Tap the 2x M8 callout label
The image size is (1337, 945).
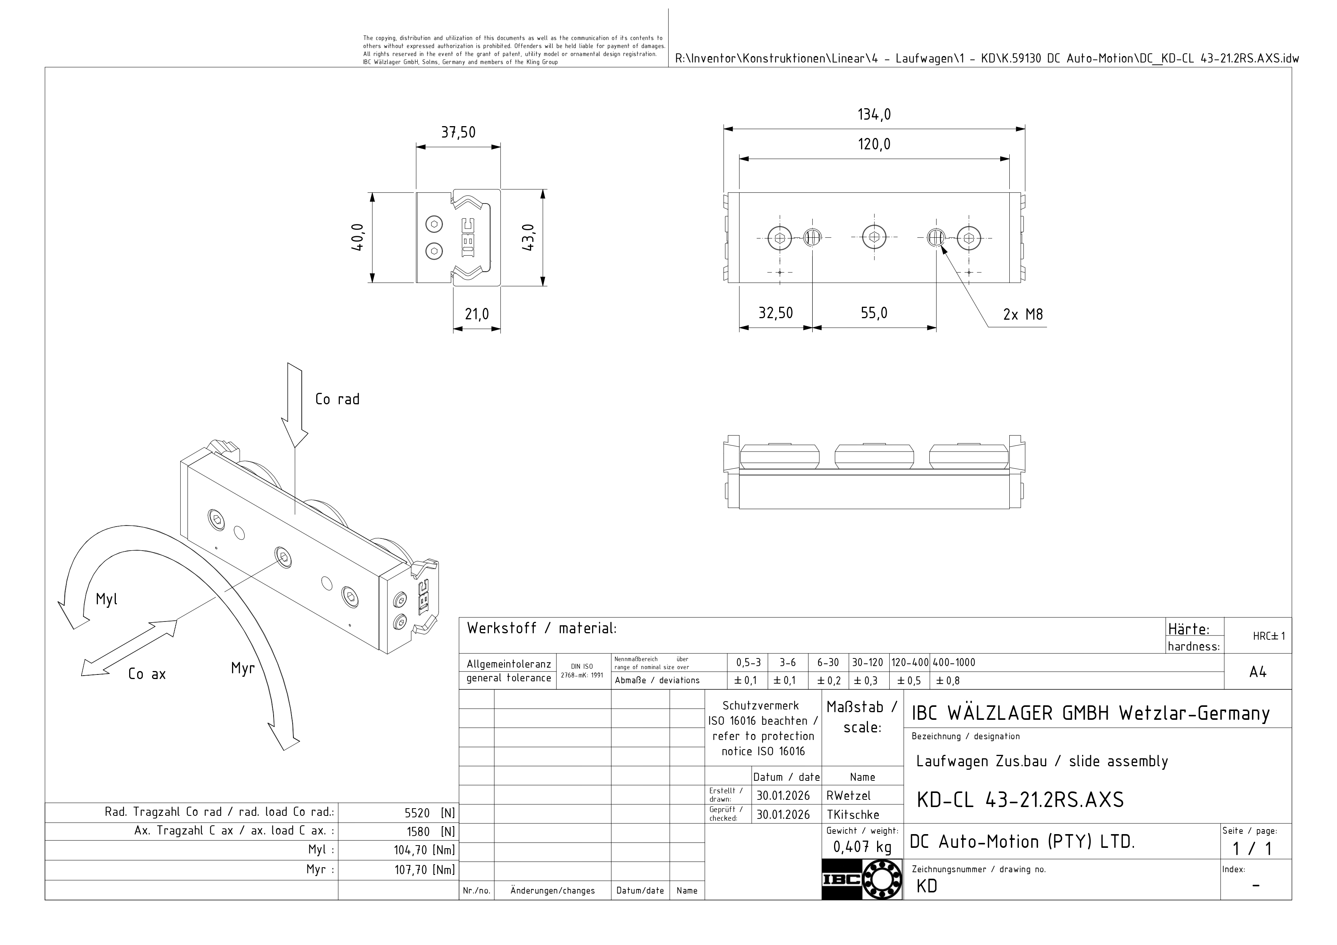[1023, 314]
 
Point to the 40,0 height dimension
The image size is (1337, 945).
[357, 237]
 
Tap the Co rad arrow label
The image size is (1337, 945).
[337, 399]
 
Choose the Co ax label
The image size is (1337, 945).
[147, 674]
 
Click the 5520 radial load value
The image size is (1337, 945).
[417, 813]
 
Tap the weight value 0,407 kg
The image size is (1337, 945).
[862, 847]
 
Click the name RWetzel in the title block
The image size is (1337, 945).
[849, 795]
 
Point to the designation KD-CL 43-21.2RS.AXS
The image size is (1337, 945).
[1020, 800]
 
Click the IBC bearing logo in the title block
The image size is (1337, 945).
[862, 879]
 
